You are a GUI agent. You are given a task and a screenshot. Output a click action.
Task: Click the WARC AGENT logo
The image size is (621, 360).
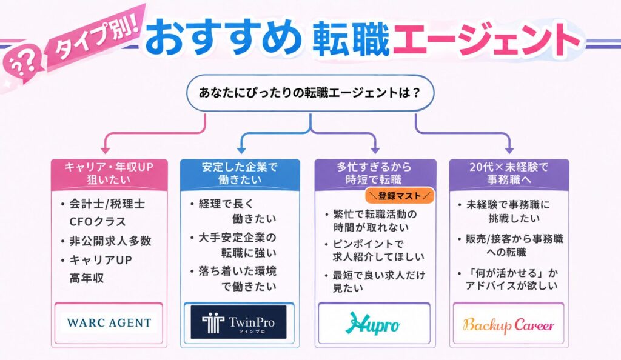pos(109,323)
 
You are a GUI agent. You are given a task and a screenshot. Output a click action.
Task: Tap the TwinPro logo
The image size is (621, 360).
pos(238,322)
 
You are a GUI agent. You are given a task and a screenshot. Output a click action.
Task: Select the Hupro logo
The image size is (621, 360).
pos(372,323)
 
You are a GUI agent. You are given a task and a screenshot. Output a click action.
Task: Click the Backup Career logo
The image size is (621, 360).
pos(509,325)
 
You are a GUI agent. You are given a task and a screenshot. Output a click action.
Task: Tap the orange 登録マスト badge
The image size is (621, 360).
pos(399,196)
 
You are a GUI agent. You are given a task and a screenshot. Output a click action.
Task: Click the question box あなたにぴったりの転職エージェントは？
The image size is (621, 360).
pos(310,93)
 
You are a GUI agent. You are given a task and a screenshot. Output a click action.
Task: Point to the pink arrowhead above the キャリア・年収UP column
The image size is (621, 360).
pos(105,150)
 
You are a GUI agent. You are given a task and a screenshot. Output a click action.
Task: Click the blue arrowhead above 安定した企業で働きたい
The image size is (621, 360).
pos(241,150)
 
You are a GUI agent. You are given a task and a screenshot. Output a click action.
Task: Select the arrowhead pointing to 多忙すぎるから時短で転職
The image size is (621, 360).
pos(375,150)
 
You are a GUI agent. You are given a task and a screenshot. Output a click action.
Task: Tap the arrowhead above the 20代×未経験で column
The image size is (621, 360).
pos(509,150)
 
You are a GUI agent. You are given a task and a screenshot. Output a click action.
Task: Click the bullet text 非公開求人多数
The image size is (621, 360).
pos(110,241)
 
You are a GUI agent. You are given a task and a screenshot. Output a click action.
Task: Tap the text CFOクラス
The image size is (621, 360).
pos(98,222)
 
